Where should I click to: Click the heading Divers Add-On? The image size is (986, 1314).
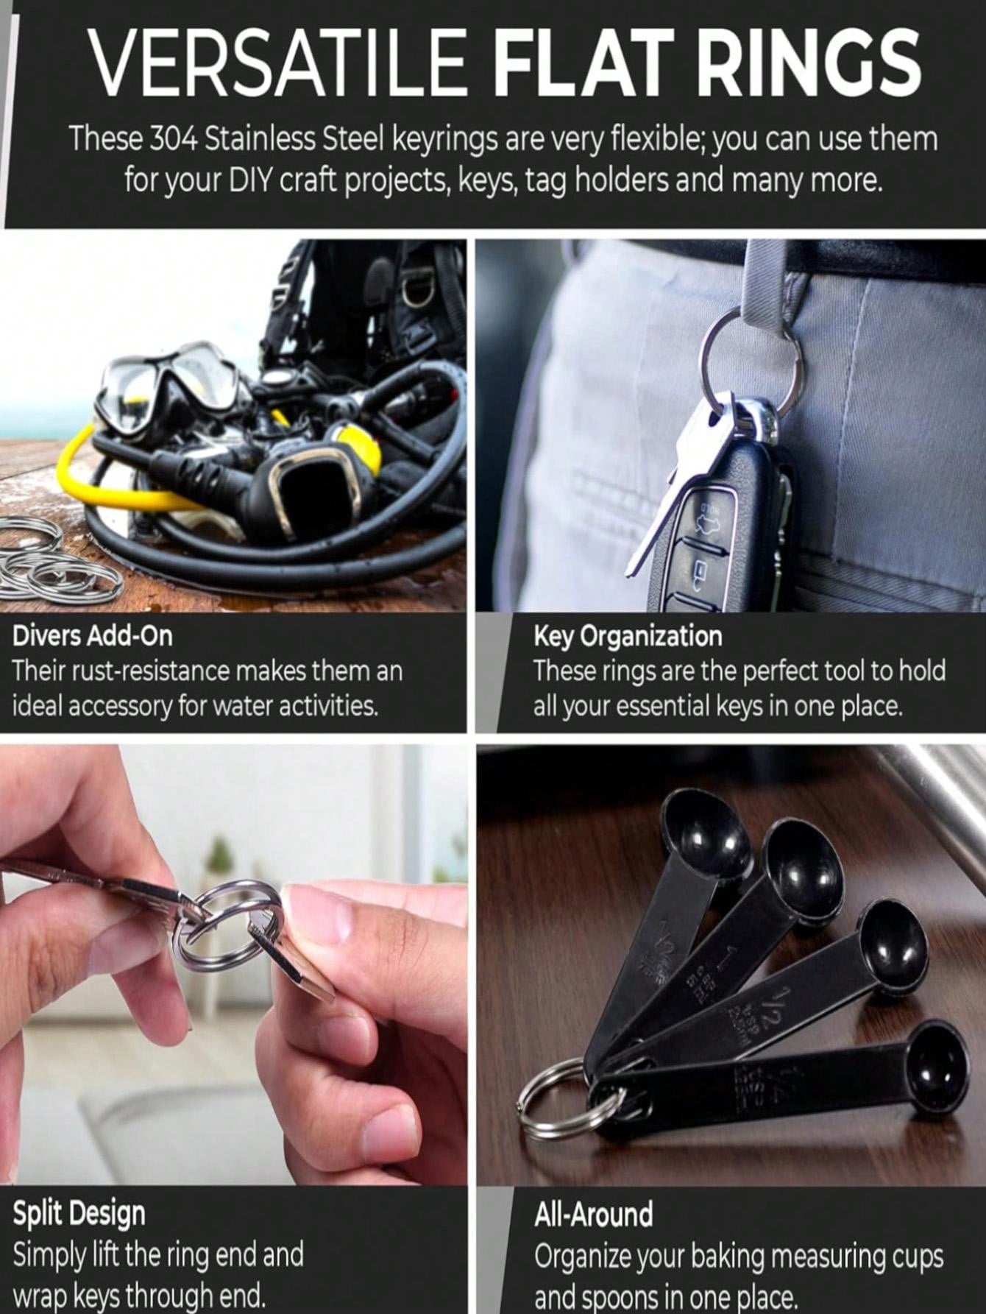click(x=93, y=635)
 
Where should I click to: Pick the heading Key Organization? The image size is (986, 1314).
click(x=628, y=637)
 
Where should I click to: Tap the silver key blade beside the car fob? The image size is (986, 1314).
click(x=673, y=490)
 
